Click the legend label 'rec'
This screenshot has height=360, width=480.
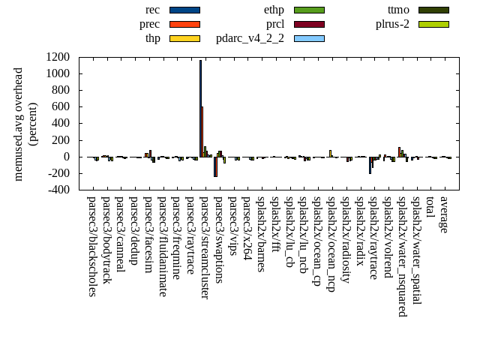coord(152,10)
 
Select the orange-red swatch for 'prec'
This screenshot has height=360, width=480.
coord(184,24)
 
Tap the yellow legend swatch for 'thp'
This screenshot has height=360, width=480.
coord(184,37)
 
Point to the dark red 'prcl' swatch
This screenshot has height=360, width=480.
coord(309,24)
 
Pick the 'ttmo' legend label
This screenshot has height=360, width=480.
coord(398,10)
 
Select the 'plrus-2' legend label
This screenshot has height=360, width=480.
coord(392,24)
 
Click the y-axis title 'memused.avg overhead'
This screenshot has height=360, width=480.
coord(19,124)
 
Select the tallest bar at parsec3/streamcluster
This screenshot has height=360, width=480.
coord(200,109)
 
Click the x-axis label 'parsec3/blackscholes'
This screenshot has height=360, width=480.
coord(91,247)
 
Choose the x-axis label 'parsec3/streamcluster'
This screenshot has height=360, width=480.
coord(205,248)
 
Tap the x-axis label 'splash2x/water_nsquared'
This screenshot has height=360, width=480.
coord(403,256)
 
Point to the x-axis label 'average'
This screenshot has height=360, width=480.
coord(445,214)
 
